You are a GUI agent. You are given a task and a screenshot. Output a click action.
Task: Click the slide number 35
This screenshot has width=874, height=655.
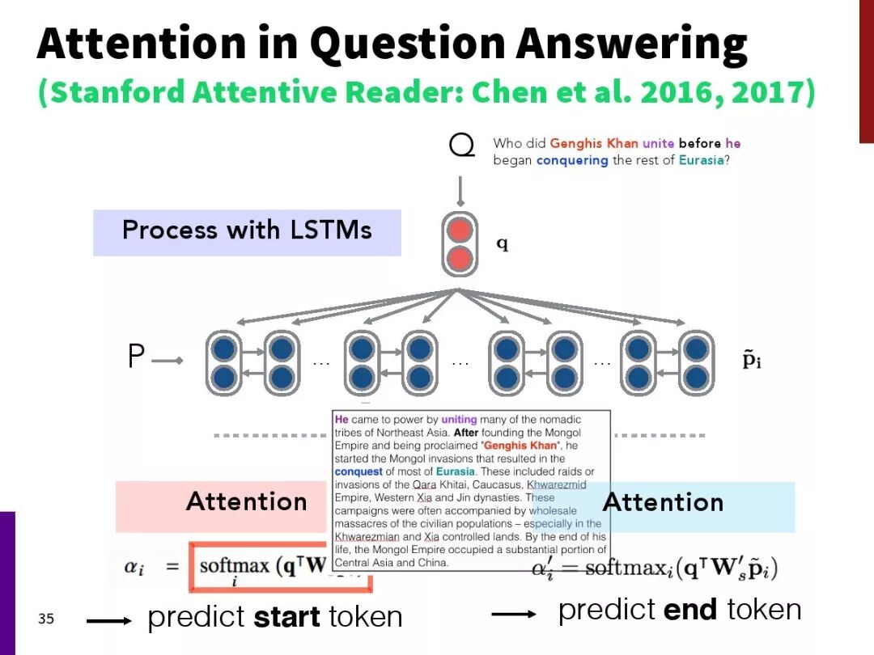click(x=46, y=619)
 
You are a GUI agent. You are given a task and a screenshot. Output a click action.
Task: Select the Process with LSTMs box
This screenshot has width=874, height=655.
click(x=247, y=231)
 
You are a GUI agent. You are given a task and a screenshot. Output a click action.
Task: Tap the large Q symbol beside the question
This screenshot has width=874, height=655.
click(x=461, y=146)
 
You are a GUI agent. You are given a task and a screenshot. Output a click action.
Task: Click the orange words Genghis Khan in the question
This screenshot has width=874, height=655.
click(x=594, y=143)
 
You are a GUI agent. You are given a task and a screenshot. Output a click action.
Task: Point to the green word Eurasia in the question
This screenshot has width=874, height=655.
click(x=700, y=160)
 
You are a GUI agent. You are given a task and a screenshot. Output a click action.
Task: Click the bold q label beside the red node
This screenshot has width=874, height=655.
click(x=502, y=243)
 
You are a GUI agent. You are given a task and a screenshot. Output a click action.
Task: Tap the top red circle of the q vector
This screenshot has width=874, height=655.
click(x=460, y=230)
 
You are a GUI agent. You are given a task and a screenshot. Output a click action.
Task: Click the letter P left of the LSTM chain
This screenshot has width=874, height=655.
click(x=136, y=357)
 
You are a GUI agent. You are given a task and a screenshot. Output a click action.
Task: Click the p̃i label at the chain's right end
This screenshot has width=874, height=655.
click(x=752, y=360)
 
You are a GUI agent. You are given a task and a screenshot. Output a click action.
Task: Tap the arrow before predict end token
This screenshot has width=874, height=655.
click(x=514, y=614)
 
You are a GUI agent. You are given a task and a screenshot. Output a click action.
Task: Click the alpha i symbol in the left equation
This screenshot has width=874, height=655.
click(x=134, y=567)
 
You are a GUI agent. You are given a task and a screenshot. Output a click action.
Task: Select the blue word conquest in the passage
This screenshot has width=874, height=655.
click(x=359, y=471)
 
